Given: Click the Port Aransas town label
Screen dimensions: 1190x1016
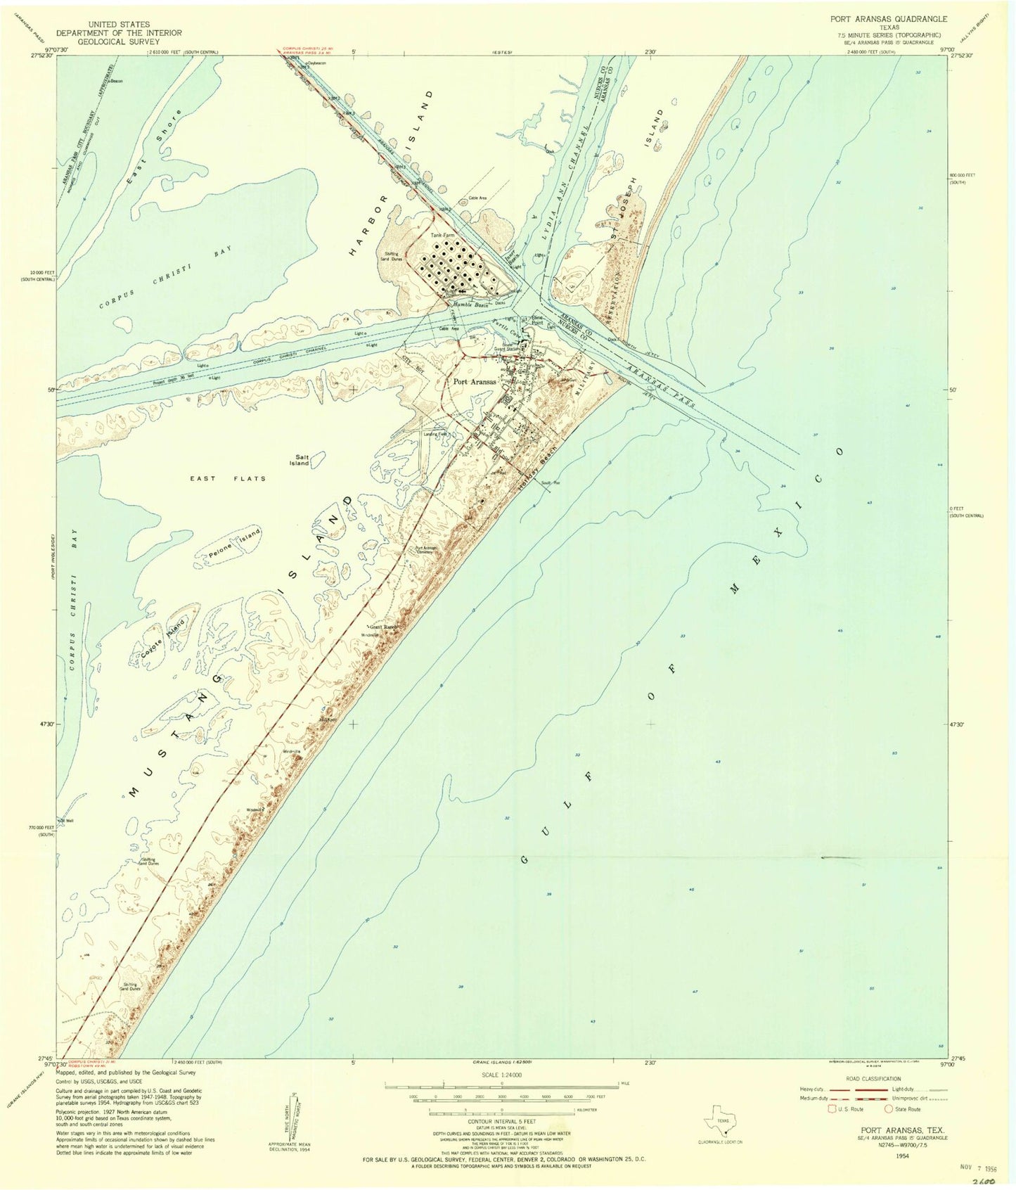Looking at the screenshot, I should (x=475, y=382).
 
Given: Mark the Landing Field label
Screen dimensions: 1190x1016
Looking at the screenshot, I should (x=434, y=435).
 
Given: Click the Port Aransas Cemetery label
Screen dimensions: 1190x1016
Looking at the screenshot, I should (x=426, y=551).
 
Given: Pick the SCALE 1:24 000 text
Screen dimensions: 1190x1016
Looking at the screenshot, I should (x=501, y=1075).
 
